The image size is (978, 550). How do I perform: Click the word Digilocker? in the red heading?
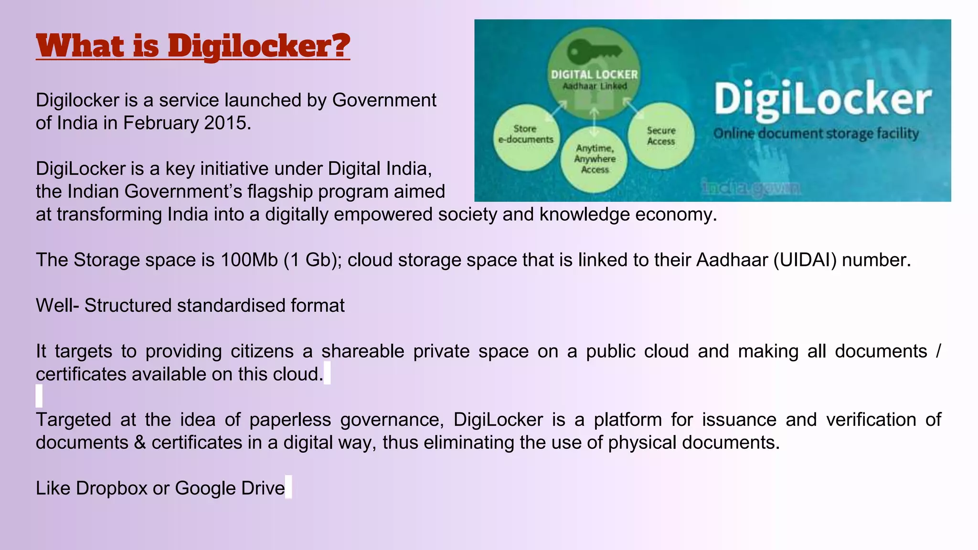pos(259,46)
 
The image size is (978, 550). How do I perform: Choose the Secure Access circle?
pos(661,136)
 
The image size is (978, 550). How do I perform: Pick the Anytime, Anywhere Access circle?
pos(595,159)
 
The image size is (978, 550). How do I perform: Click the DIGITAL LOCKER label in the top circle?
pos(594,74)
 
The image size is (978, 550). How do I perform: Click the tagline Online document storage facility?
pos(816,133)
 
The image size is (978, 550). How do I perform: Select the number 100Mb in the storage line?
pos(249,260)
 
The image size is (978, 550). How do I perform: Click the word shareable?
pos(362,351)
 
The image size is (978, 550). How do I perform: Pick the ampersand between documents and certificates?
pos(140,443)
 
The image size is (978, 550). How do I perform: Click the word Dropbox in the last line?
pos(112,488)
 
